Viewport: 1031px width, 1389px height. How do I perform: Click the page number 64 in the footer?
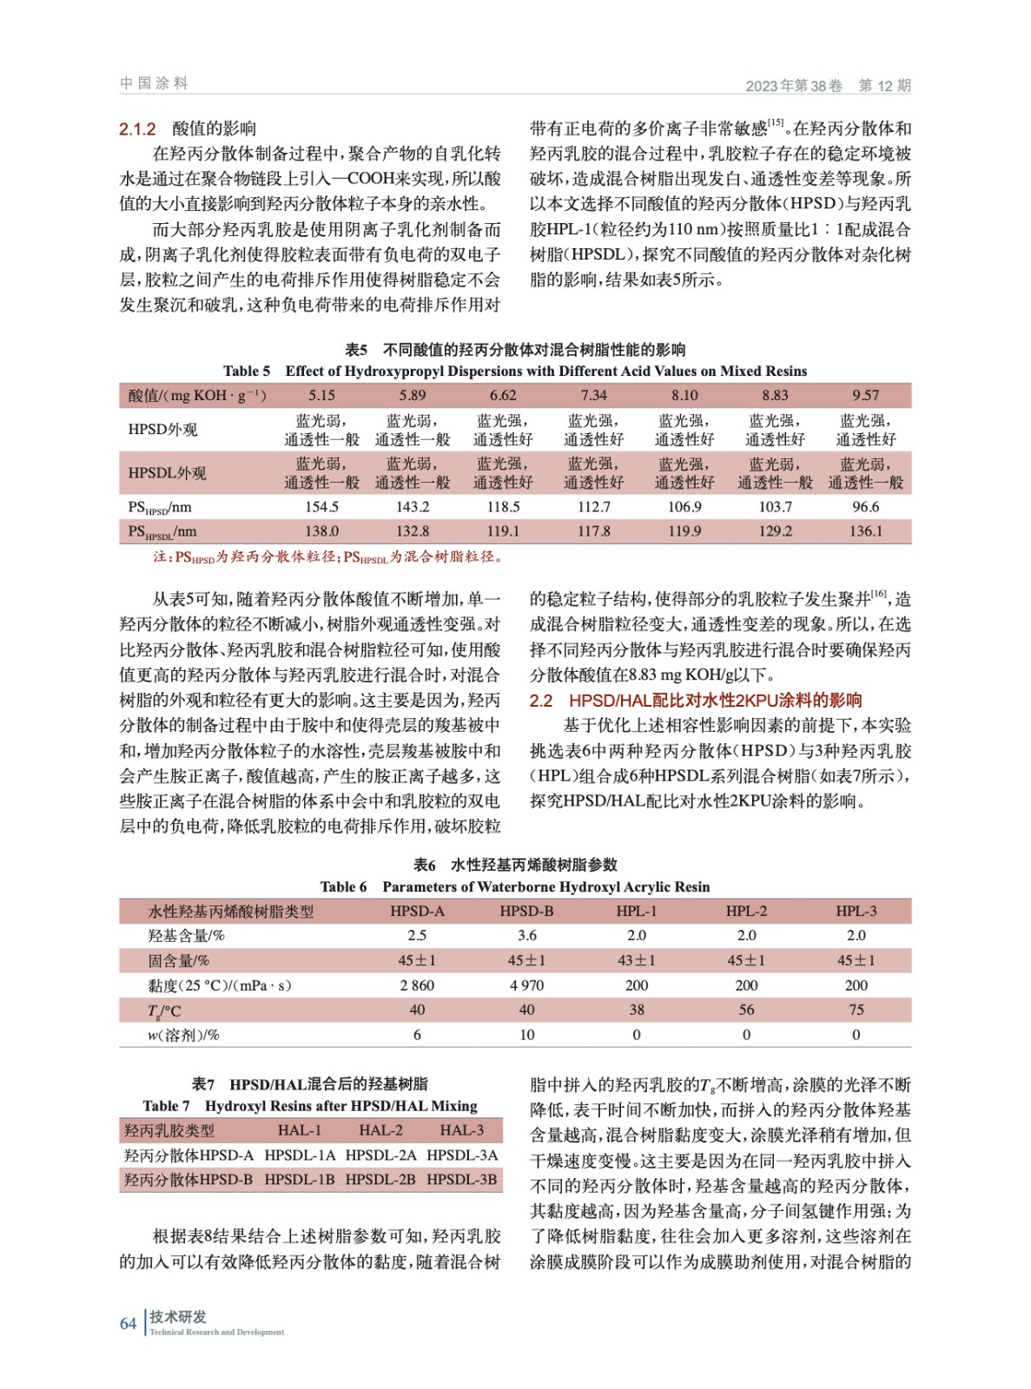(128, 1323)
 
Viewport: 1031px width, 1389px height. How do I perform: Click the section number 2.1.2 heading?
(137, 129)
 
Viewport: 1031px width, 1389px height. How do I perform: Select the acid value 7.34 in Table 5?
(593, 396)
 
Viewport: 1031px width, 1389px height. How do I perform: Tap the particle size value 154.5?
(321, 507)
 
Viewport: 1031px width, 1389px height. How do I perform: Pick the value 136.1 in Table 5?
(865, 531)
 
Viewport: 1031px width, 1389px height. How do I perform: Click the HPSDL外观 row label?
(167, 473)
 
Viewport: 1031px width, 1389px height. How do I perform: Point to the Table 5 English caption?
(514, 372)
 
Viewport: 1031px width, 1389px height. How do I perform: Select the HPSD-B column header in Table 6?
(526, 912)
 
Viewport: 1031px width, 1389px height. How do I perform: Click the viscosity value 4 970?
(526, 985)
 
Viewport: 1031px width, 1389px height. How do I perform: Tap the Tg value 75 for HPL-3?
(856, 1010)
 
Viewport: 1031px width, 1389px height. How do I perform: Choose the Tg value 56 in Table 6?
(746, 1010)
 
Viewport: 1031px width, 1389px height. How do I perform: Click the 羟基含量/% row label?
(186, 936)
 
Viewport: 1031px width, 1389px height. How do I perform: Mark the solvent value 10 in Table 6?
(526, 1035)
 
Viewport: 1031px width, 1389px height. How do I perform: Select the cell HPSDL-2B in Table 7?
(380, 1180)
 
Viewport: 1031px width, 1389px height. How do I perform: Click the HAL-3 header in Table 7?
(461, 1130)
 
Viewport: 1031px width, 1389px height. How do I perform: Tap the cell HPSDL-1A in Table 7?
(300, 1155)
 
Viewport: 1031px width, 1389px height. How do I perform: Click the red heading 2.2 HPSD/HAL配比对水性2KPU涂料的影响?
(695, 701)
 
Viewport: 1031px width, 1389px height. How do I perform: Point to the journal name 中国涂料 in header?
(154, 83)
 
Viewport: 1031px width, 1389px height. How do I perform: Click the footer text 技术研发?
(177, 1317)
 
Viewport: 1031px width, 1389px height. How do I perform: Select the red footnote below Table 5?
(328, 557)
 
